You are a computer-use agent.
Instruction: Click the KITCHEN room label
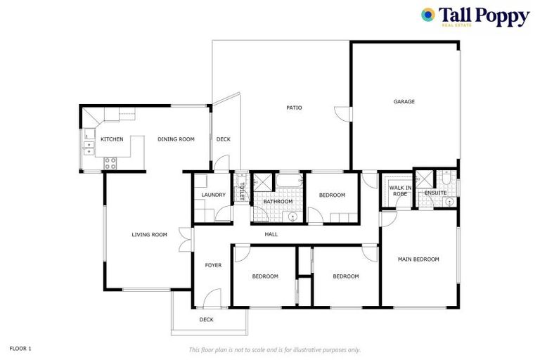coord(112,139)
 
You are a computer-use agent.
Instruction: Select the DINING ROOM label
coord(176,139)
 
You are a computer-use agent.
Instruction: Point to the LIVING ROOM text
coord(149,234)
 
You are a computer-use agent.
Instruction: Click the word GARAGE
coord(404,101)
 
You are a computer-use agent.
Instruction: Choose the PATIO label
coord(294,108)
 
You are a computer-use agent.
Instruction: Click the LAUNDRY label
coord(213,195)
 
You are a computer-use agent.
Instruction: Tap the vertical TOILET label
coord(241,191)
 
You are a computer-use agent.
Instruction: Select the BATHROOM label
coord(278,202)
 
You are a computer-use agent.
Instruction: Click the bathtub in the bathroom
coord(288,181)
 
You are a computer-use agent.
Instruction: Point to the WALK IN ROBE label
coord(399,190)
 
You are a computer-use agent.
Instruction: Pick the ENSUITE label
coord(435,193)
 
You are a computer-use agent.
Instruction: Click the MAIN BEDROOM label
coord(418,259)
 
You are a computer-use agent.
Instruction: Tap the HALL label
coord(271,234)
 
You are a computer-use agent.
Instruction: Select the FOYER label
coord(213,265)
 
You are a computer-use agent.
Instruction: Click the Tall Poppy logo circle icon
coord(427,15)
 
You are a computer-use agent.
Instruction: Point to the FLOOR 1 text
coord(20,348)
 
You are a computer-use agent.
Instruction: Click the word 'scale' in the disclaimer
coord(260,349)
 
